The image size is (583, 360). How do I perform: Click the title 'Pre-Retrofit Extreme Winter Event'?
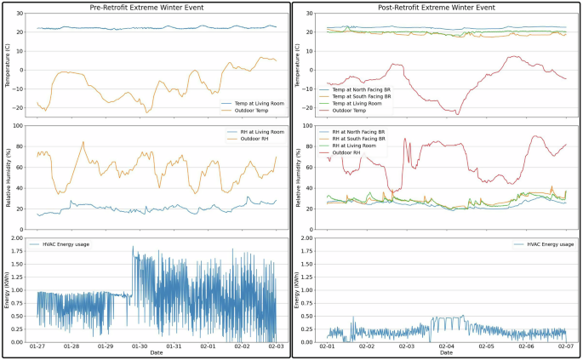[x=146, y=8]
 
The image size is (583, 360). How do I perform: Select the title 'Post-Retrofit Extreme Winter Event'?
[x=437, y=8]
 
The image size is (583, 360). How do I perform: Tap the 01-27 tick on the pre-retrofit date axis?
[x=37, y=347]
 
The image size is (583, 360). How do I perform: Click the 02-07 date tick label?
[x=566, y=347]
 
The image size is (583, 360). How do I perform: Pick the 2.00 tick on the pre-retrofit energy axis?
[x=18, y=238]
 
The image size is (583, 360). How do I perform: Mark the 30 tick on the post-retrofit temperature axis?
[x=312, y=14]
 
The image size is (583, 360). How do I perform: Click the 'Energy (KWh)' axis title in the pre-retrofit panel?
[x=7, y=289]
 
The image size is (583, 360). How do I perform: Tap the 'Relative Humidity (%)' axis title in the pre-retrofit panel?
[x=7, y=177]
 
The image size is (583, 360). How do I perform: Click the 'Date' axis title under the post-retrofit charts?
[x=446, y=353]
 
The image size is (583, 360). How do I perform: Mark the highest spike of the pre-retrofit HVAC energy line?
[x=133, y=248]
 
